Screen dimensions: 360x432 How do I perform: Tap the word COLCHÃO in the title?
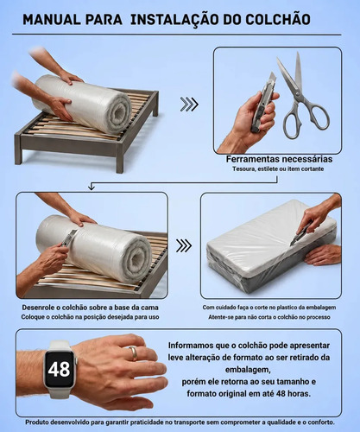click(278, 19)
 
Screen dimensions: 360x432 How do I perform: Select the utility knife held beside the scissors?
click(262, 103)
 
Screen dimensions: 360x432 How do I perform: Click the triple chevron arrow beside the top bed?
click(189, 105)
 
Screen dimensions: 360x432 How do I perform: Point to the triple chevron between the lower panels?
click(184, 245)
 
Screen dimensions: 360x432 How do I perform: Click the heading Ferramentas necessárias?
click(279, 159)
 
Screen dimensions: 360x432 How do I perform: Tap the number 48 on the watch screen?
click(59, 369)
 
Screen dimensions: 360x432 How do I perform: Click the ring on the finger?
click(133, 353)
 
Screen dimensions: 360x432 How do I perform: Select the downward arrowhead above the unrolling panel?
click(92, 187)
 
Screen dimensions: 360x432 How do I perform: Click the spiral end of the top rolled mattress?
click(118, 113)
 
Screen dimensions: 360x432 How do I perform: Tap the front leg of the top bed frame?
click(120, 158)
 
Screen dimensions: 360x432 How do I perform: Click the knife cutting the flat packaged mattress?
click(300, 234)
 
